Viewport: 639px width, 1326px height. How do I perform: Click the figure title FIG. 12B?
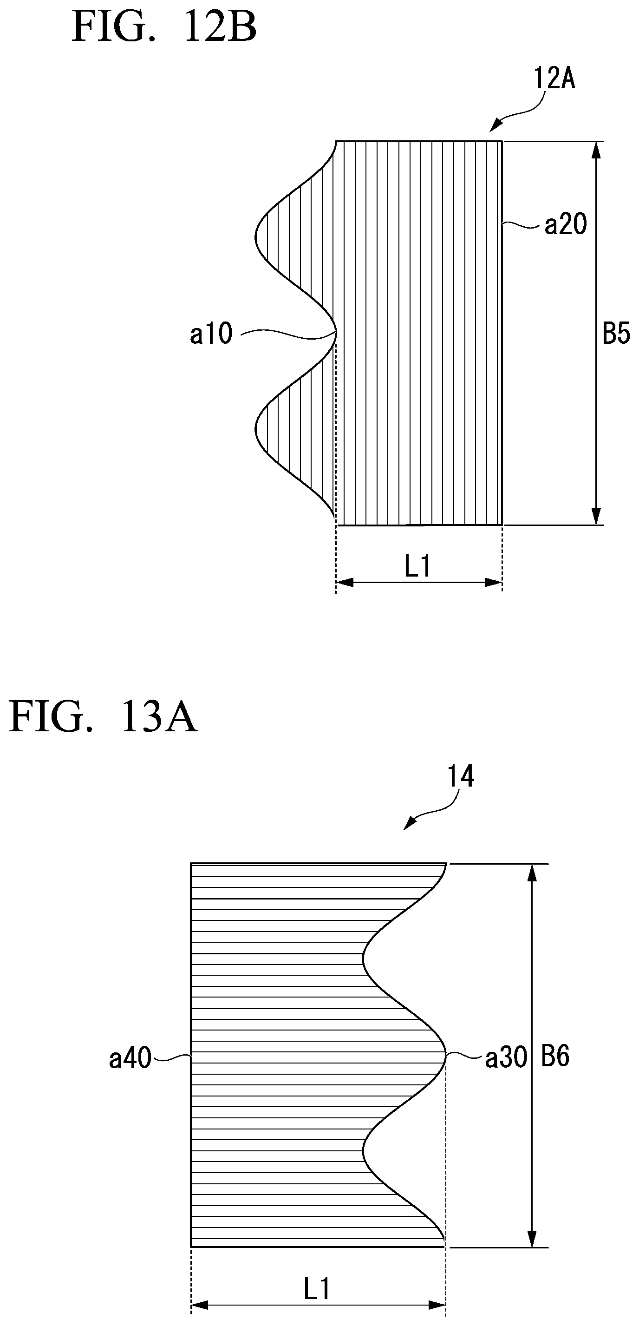164,27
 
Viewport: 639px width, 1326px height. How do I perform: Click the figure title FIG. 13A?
103,717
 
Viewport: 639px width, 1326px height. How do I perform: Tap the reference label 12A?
554,79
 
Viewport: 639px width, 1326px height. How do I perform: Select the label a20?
566,225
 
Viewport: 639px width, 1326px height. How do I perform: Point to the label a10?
211,334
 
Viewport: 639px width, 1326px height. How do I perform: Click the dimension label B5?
616,334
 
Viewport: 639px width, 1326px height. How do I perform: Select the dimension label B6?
555,1057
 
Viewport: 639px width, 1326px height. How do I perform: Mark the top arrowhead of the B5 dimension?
596,150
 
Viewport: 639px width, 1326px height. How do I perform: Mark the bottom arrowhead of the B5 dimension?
596,516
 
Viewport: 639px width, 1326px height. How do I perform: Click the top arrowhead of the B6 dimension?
532,872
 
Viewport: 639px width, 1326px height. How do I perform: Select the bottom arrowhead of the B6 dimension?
532,1239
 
